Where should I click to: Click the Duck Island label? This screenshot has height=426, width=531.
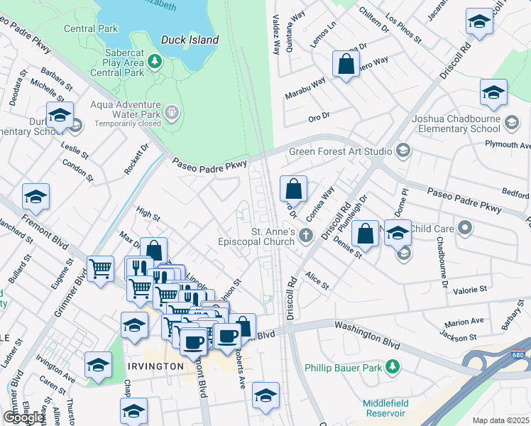point(190,40)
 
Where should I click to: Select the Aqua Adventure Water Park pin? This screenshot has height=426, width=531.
point(171,111)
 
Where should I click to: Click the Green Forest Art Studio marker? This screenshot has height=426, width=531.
point(403,151)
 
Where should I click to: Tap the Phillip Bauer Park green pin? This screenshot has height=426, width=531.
point(390,367)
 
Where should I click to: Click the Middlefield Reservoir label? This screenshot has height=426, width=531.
point(385,408)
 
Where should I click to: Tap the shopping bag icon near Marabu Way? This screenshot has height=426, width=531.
point(345,65)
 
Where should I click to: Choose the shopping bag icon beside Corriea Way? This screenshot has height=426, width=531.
point(293,190)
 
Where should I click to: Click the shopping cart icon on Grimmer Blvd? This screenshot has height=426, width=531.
point(101,270)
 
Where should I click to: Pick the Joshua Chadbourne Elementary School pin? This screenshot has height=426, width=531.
point(510,124)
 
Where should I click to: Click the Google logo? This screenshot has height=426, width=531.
point(23,417)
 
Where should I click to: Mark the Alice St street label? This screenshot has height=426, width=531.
point(317,280)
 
